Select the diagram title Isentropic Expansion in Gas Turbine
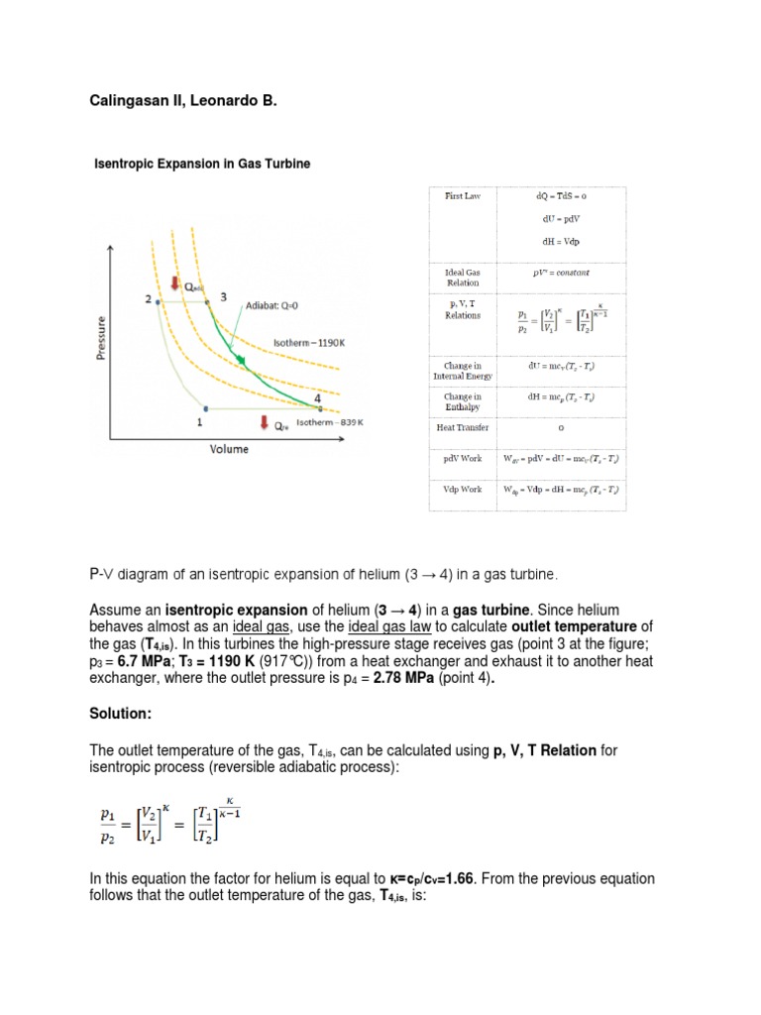tap(201, 165)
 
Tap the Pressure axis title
tap(102, 338)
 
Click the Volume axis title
tap(229, 449)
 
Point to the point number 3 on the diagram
tap(224, 296)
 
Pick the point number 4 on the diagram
tap(317, 398)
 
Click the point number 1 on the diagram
tap(199, 421)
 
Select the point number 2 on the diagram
tap(148, 298)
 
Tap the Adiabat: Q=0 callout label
tap(276, 306)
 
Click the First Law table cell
tap(461, 196)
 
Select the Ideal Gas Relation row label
tap(461, 277)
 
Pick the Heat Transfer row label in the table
tap(461, 428)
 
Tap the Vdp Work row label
tap(461, 490)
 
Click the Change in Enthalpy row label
tap(461, 401)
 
